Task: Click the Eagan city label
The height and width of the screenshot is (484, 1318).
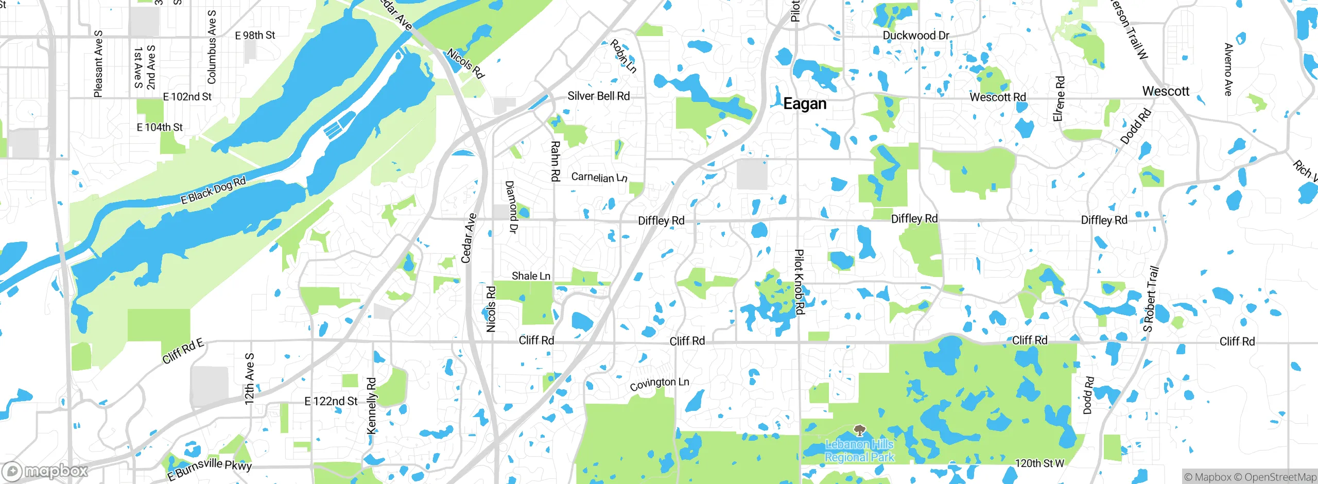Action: pos(805,104)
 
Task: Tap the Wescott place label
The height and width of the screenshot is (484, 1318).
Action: pos(1166,92)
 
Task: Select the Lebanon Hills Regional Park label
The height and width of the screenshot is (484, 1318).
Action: pos(859,451)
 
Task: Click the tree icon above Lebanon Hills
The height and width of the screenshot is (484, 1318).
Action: pos(859,430)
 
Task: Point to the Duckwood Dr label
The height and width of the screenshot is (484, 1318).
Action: pos(916,36)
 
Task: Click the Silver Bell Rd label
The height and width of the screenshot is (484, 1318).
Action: pos(598,96)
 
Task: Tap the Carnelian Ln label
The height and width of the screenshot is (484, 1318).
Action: pos(599,178)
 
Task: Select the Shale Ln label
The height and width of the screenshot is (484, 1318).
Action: pos(531,276)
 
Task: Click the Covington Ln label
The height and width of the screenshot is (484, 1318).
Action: pos(659,384)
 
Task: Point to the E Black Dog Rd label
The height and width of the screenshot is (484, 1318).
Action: pos(213,191)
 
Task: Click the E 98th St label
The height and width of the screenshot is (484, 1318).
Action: pos(255,36)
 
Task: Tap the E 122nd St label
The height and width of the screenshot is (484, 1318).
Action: pos(331,401)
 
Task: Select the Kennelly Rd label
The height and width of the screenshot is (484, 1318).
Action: pos(371,406)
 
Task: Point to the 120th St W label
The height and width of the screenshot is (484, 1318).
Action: pos(1039,463)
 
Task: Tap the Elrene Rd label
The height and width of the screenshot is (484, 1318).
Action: pos(1059,99)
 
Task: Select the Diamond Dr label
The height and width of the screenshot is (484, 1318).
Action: pos(511,207)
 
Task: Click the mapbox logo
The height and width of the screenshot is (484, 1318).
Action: pos(45,471)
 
